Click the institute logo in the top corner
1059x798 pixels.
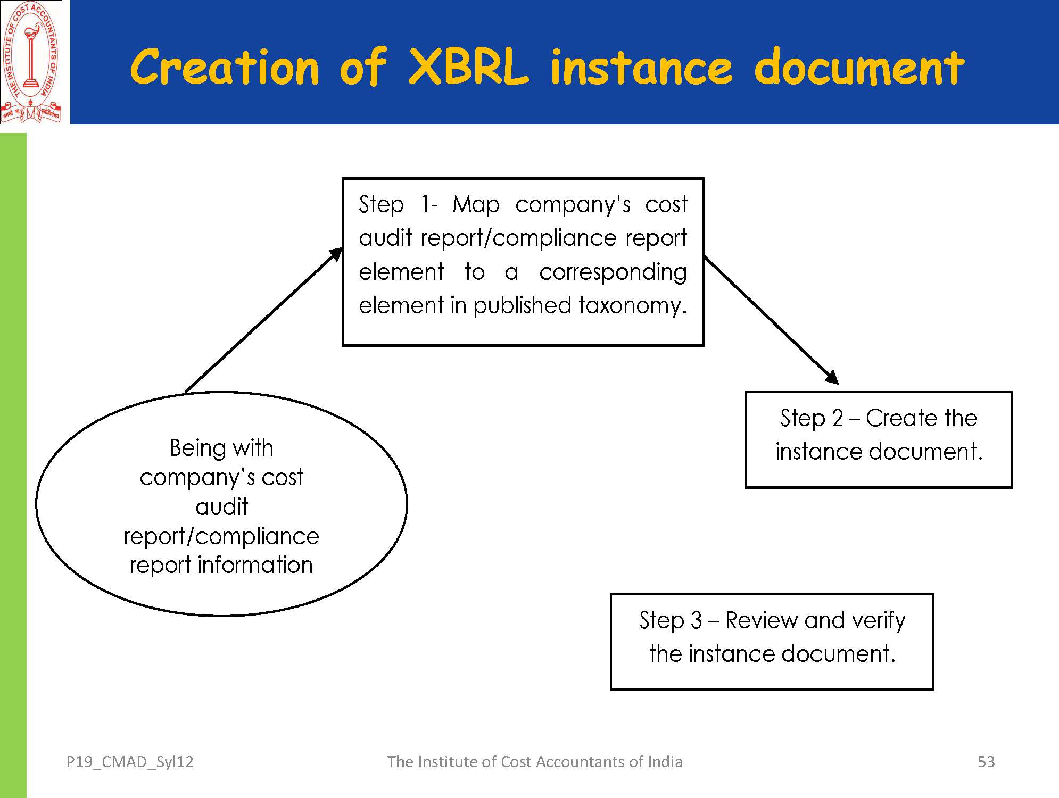pyautogui.click(x=31, y=62)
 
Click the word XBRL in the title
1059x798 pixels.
pyautogui.click(x=469, y=67)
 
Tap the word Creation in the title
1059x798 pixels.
pyautogui.click(x=225, y=67)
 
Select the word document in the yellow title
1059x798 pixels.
pyautogui.click(x=859, y=67)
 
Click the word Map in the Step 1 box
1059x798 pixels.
pyautogui.click(x=476, y=205)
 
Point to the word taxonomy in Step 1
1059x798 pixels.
pyautogui.click(x=633, y=306)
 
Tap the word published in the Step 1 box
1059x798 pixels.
pyautogui.click(x=522, y=306)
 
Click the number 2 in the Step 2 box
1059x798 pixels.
pyautogui.click(x=838, y=419)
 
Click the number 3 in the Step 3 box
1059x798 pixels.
pyautogui.click(x=697, y=621)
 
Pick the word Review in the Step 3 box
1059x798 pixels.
pyautogui.click(x=762, y=621)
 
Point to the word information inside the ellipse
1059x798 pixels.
pyautogui.click(x=255, y=565)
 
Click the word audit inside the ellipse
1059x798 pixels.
pyautogui.click(x=222, y=507)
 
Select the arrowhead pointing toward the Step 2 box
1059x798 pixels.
pyautogui.click(x=832, y=377)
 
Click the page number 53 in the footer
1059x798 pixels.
pyautogui.click(x=986, y=762)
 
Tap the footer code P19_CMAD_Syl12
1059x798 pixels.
pyautogui.click(x=130, y=762)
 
